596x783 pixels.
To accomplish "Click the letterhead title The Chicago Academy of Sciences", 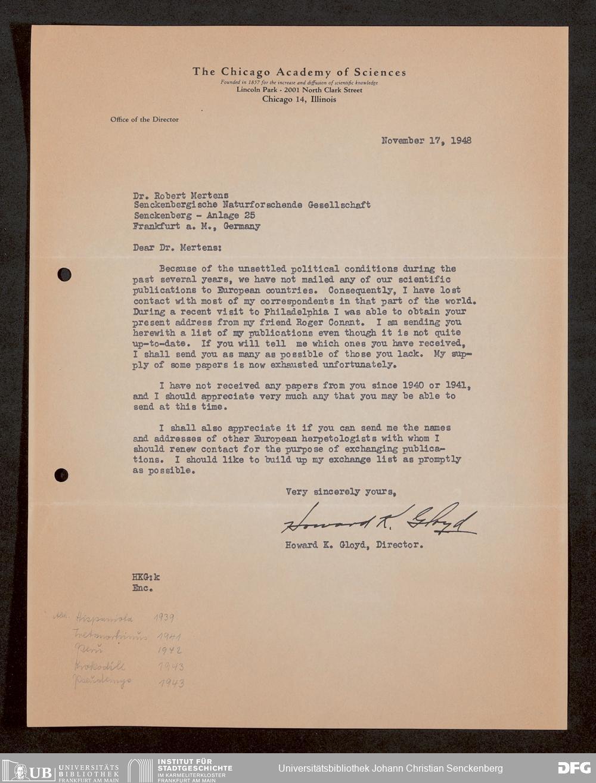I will point(299,72).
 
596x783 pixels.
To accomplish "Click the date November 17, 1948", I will point(426,141).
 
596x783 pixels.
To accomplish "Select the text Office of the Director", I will point(144,119).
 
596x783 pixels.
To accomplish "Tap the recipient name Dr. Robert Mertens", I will point(181,194).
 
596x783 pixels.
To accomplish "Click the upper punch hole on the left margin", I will point(64,275).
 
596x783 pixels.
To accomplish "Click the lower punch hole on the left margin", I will point(61,475).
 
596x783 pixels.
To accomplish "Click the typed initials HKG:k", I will point(146,577).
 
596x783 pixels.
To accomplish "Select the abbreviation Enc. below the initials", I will point(143,588).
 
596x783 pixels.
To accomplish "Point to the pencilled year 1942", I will point(170,651).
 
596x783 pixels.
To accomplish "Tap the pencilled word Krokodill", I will point(100,666).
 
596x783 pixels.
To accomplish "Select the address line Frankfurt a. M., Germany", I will point(197,226).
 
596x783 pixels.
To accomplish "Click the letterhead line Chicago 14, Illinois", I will point(299,100).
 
